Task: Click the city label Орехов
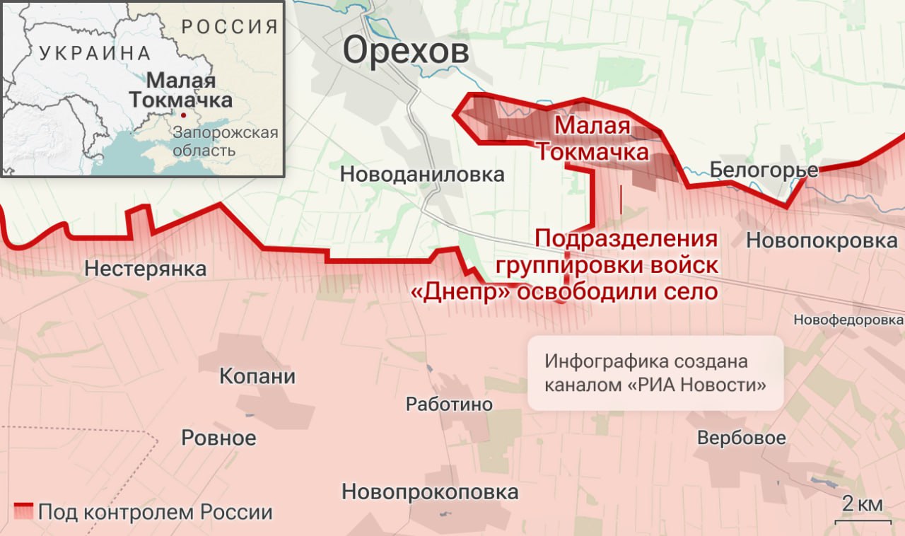(406, 52)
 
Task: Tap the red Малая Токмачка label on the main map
(592, 139)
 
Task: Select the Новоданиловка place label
(422, 174)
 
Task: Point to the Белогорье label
(764, 170)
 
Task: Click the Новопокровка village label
(822, 240)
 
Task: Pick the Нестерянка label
(145, 269)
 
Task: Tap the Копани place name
(257, 375)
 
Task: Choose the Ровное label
(218, 438)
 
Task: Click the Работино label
(449, 404)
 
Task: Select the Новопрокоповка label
(430, 492)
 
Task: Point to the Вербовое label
(741, 438)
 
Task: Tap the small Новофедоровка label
(848, 320)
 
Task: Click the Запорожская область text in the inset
(225, 141)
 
